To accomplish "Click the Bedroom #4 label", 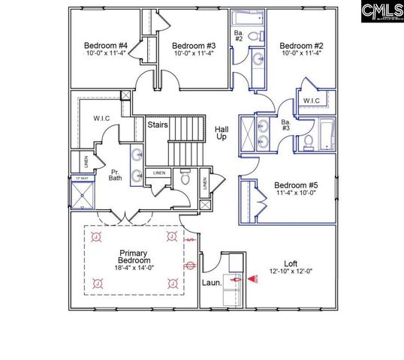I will click(x=105, y=45).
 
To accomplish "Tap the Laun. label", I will click(x=211, y=283).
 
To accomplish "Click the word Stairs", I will click(x=157, y=124).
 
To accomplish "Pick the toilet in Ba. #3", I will click(x=309, y=142).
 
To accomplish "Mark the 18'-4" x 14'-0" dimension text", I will click(x=136, y=267).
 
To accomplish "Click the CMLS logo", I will click(x=381, y=11).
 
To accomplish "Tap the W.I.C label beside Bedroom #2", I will click(x=312, y=101).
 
